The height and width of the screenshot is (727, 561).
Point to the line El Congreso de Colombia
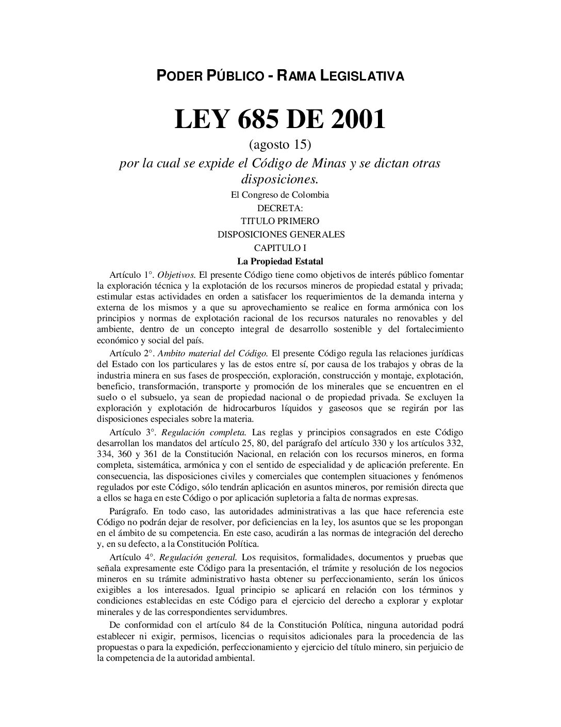pos(280,195)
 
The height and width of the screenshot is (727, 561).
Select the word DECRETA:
pos(280,208)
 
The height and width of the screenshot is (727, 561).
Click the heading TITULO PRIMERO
pos(280,221)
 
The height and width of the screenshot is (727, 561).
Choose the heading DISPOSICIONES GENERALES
pos(280,234)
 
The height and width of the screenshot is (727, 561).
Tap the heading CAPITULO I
pos(280,247)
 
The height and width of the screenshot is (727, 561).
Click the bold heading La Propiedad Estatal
pos(280,261)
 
